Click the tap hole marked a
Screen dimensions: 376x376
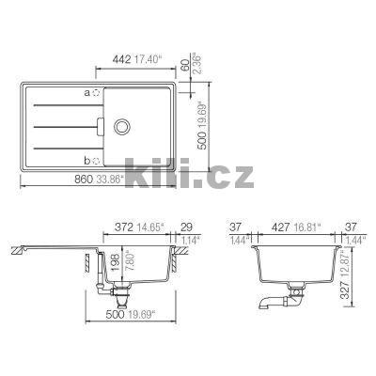coord(97,93)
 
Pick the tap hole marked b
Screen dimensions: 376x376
coord(97,159)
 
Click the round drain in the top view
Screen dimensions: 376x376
coord(123,126)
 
